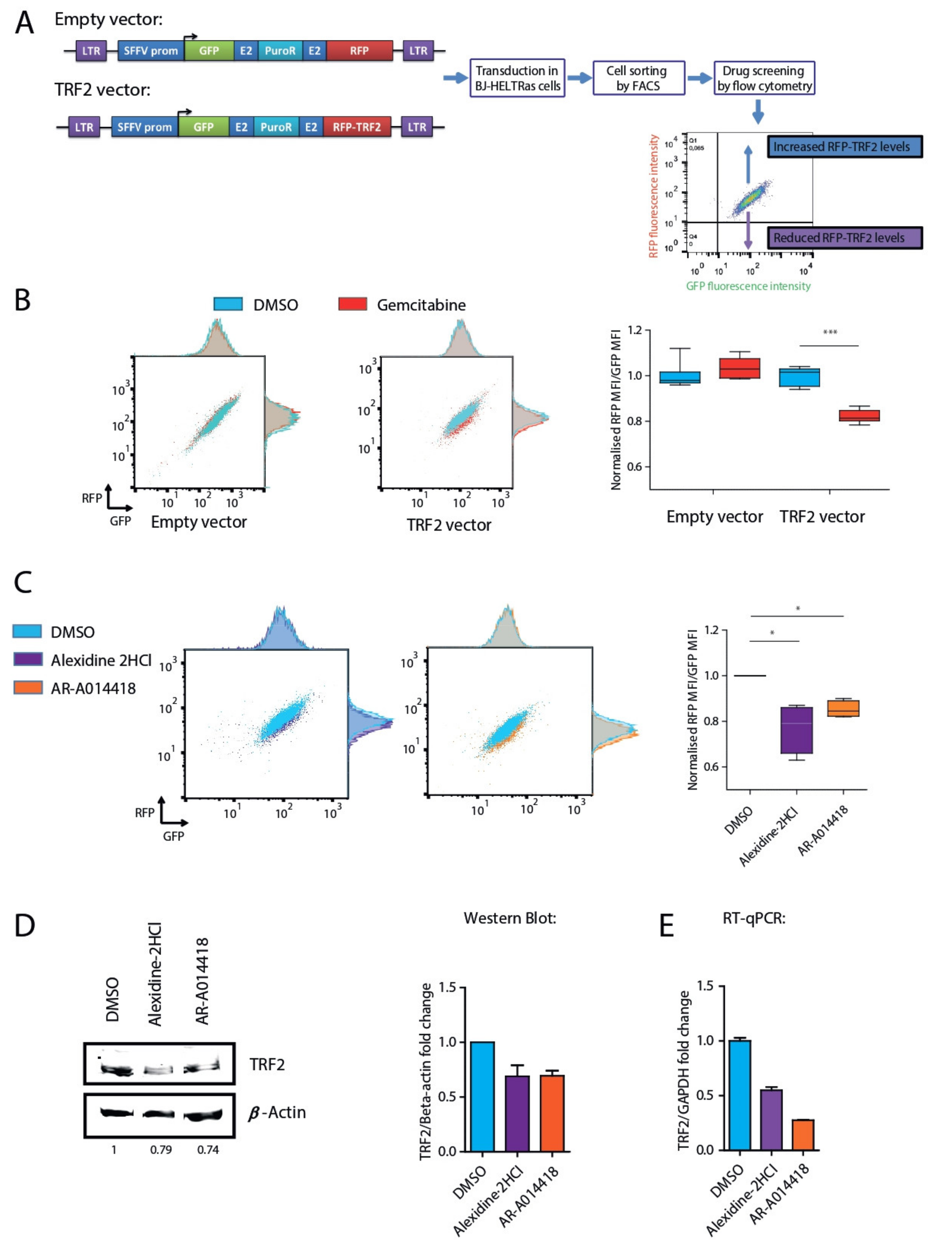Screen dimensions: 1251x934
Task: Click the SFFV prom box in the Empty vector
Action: click(x=150, y=51)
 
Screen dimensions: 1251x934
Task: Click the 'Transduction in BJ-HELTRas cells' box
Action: click(x=517, y=78)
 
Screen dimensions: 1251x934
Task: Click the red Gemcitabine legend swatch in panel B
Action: click(x=352, y=304)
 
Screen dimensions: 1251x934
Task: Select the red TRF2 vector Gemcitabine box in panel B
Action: click(x=859, y=416)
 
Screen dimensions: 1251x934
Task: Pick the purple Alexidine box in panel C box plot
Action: click(x=797, y=730)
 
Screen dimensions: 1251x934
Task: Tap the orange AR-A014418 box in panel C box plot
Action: click(x=843, y=708)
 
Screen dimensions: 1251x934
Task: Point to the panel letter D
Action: click(x=25, y=926)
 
